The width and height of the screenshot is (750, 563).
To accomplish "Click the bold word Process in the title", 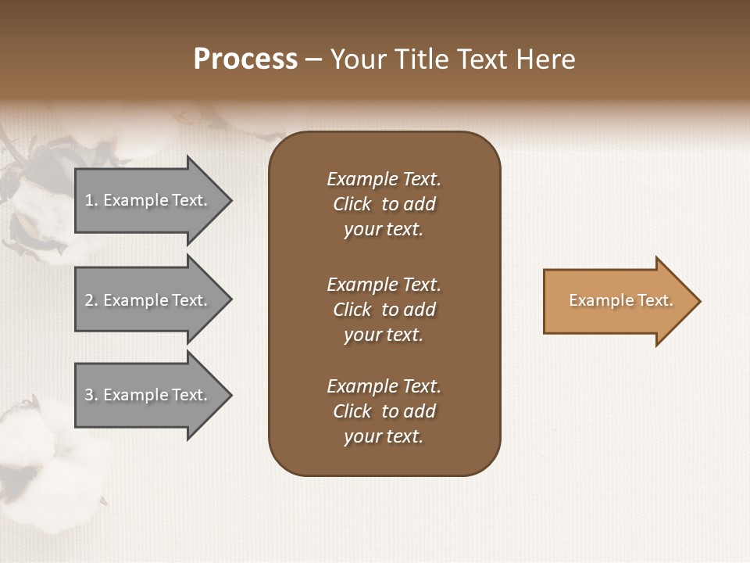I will click(x=245, y=59).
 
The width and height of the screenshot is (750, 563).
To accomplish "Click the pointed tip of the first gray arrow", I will click(x=230, y=200).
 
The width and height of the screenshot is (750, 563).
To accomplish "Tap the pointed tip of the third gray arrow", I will click(x=230, y=395).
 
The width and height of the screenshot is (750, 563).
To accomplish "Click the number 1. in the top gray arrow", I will click(x=91, y=200).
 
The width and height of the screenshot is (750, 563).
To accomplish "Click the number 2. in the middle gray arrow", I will click(x=91, y=300).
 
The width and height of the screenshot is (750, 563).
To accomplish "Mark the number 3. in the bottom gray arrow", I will click(x=91, y=395).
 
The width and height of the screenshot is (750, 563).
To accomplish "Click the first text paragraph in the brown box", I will click(x=384, y=204).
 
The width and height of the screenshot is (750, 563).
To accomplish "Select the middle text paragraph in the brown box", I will click(x=384, y=310).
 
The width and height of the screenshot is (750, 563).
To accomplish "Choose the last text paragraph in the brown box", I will click(x=384, y=411).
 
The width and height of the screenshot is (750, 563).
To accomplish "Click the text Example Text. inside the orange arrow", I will click(x=620, y=300).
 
